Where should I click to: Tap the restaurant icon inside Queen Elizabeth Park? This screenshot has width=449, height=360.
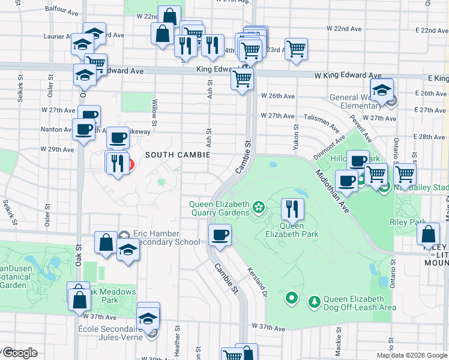tap(292, 209)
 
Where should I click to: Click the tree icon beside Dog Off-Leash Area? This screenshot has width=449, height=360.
tap(314, 300)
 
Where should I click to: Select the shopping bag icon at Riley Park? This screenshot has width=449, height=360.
tap(429, 235)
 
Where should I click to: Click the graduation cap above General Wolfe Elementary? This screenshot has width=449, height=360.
tap(381, 91)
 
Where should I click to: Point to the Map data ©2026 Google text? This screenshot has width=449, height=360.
tap(411, 355)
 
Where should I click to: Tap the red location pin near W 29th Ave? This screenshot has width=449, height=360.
tap(128, 164)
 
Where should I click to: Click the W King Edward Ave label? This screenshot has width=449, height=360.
tap(348, 76)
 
